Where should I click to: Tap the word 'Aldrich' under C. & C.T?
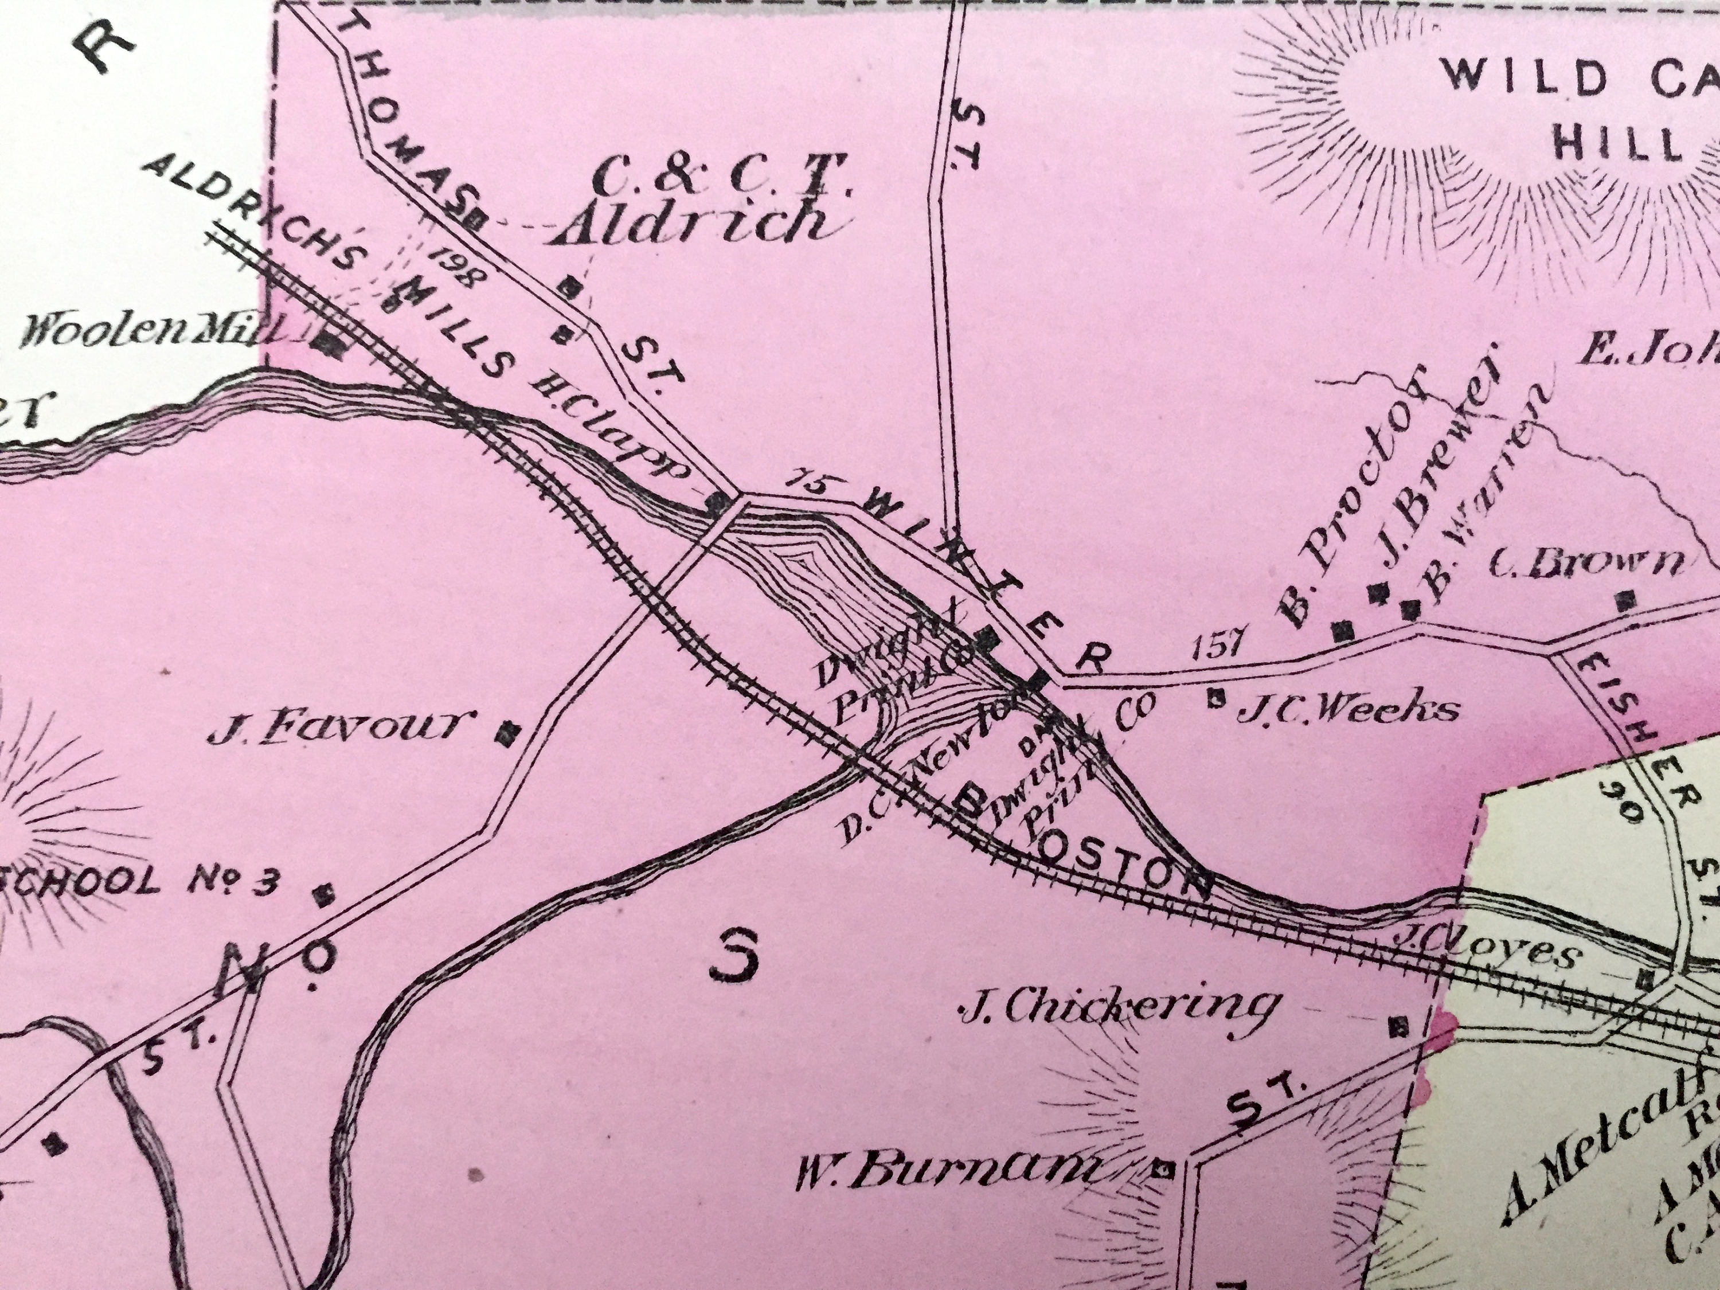[692, 224]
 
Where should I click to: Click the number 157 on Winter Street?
[1223, 646]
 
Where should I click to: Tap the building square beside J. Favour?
[509, 732]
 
